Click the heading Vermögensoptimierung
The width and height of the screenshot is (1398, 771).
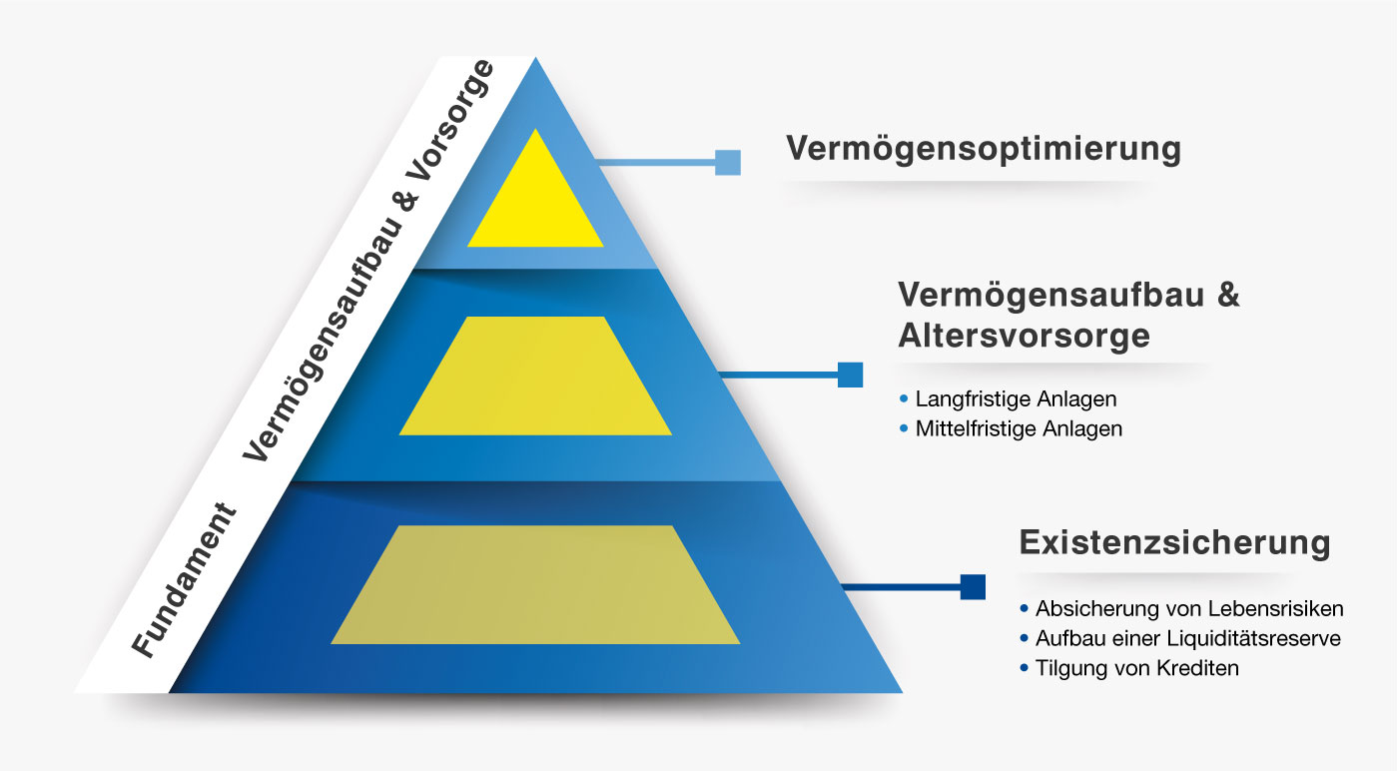pyautogui.click(x=984, y=149)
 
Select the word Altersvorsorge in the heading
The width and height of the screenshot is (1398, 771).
pyautogui.click(x=1025, y=336)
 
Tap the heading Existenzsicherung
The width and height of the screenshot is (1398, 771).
pyautogui.click(x=1174, y=542)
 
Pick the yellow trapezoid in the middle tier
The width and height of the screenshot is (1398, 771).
pyautogui.click(x=535, y=376)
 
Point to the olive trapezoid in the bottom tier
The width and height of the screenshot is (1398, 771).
pyautogui.click(x=535, y=585)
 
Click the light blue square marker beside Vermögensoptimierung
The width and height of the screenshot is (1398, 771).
pyautogui.click(x=728, y=163)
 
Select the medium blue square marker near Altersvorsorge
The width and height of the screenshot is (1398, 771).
pyautogui.click(x=850, y=375)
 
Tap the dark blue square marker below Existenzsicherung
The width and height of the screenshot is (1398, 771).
pyautogui.click(x=973, y=587)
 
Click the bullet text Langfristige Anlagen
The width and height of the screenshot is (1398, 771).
pyautogui.click(x=1017, y=398)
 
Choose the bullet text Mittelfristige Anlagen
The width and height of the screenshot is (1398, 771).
pyautogui.click(x=1020, y=428)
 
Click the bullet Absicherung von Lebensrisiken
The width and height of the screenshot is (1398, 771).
pyautogui.click(x=1189, y=608)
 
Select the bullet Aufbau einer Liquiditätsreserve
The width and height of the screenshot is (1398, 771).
pyautogui.click(x=1188, y=638)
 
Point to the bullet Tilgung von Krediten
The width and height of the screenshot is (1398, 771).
pyautogui.click(x=1137, y=668)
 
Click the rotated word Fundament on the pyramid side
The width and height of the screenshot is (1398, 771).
pyautogui.click(x=184, y=580)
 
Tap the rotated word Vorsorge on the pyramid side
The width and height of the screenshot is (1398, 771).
pyautogui.click(x=450, y=121)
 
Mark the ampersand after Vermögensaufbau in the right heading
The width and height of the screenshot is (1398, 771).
pyautogui.click(x=1227, y=294)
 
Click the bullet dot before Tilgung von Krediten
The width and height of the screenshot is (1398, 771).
pyautogui.click(x=1024, y=668)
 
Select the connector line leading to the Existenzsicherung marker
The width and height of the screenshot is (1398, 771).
pyautogui.click(x=901, y=587)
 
